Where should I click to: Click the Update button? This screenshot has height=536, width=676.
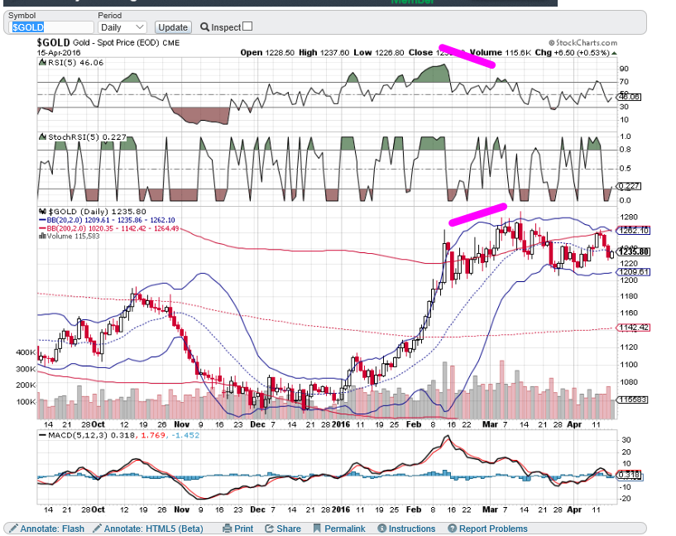[x=173, y=27]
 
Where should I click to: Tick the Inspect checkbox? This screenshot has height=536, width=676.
[x=247, y=26]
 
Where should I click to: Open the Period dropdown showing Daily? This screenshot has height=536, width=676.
[x=122, y=27]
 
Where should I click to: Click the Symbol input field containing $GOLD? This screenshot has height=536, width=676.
[x=49, y=27]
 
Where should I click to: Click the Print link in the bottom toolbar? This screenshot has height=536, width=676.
[x=238, y=529]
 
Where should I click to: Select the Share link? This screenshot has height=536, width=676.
[x=283, y=529]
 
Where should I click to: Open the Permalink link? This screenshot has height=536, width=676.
[x=339, y=529]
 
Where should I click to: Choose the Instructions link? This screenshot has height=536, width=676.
[x=406, y=529]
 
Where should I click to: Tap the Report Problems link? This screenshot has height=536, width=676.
[x=487, y=529]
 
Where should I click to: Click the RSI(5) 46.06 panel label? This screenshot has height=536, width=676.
[x=67, y=62]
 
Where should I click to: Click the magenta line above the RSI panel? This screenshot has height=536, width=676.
[x=467, y=55]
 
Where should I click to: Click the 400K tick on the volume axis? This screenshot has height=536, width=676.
[x=26, y=352]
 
